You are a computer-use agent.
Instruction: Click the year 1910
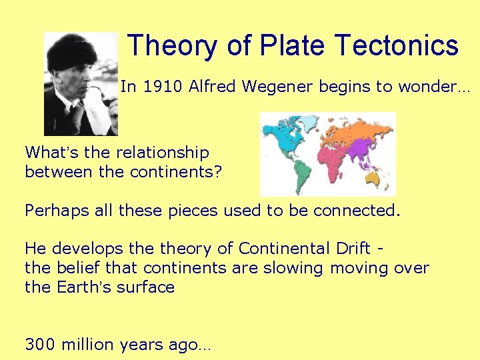(161, 86)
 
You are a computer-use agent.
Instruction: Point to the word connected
(357, 211)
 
